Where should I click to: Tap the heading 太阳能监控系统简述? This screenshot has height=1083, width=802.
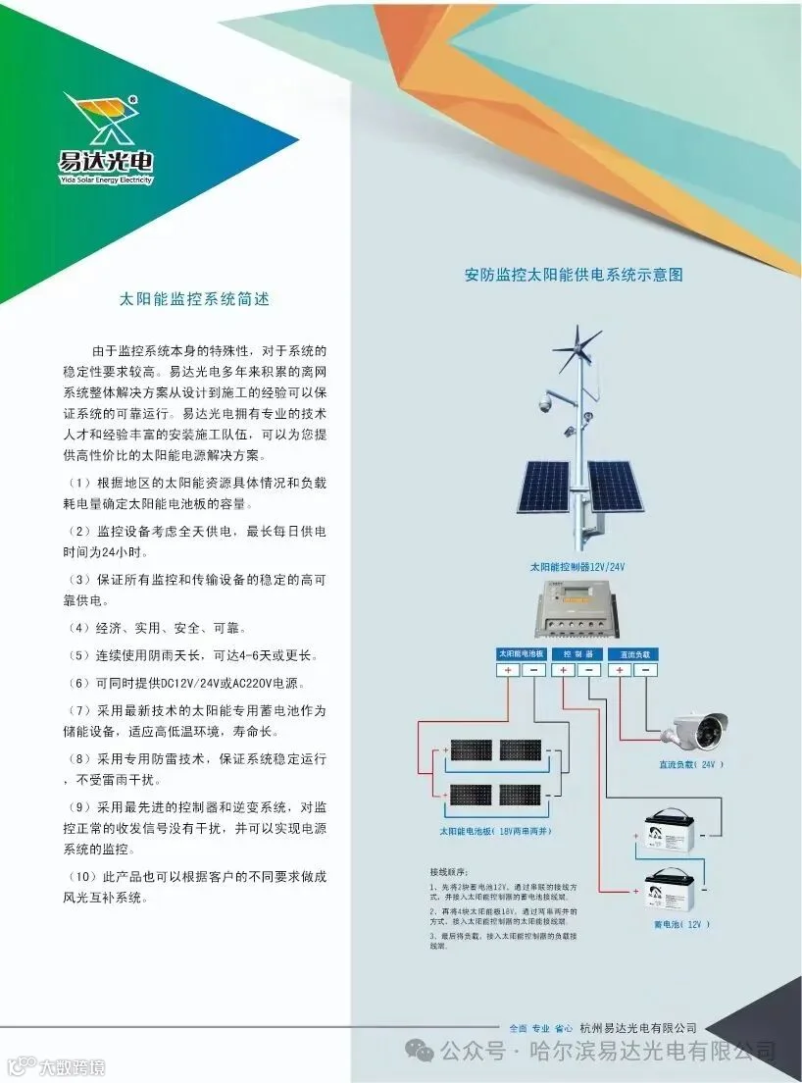click(193, 298)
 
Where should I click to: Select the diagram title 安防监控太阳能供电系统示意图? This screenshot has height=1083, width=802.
click(574, 275)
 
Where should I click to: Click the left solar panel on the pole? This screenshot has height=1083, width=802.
click(543, 487)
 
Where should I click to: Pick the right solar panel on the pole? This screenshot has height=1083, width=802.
click(615, 487)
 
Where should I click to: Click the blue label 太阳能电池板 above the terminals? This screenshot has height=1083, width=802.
click(521, 652)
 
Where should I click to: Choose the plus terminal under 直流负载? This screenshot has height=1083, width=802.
click(618, 671)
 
